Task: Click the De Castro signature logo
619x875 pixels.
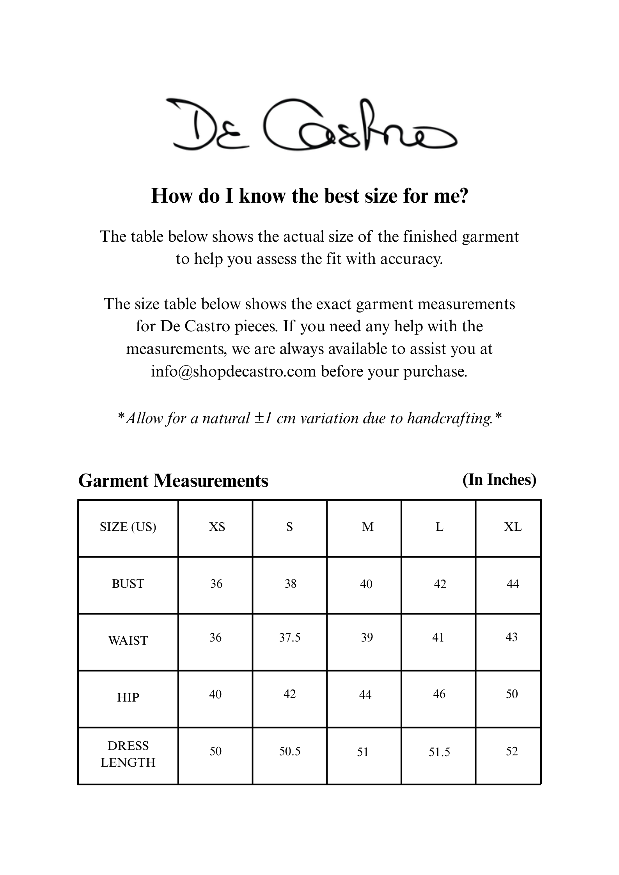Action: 311,124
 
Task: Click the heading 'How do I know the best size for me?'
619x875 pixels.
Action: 309,196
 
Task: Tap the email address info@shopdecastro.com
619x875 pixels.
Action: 233,371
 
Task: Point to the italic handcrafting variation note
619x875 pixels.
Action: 309,418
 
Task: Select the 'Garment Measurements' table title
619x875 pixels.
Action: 173,481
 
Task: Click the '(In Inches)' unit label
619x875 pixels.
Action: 499,479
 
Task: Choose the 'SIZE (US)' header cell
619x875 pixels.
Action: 128,527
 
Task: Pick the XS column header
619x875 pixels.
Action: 217,527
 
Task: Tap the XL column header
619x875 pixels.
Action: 513,527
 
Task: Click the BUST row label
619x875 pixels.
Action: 128,583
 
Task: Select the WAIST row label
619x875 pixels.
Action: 128,640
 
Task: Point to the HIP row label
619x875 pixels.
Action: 128,697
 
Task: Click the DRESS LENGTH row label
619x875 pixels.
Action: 128,754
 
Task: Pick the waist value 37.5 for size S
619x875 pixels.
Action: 290,637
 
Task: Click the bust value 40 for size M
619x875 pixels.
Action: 366,584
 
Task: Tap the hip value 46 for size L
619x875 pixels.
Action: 439,694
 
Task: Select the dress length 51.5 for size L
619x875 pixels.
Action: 439,752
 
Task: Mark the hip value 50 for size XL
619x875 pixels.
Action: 512,694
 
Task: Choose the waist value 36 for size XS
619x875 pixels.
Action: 216,637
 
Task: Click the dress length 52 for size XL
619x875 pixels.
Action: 512,751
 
